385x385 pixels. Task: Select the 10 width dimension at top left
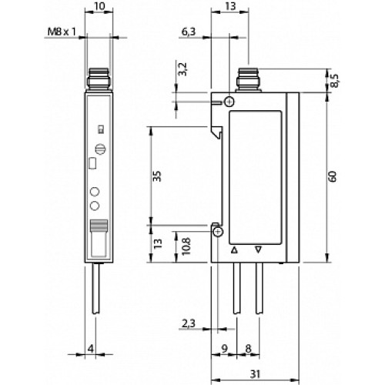(x=97, y=7)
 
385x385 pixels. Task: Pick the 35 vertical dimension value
(x=157, y=176)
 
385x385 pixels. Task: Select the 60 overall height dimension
(x=333, y=177)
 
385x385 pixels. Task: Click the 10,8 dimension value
(x=182, y=246)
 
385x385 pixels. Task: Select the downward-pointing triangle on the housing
(x=259, y=250)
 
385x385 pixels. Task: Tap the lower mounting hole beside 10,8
(x=218, y=232)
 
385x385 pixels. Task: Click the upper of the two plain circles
(x=96, y=191)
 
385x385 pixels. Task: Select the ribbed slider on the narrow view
(x=97, y=226)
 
